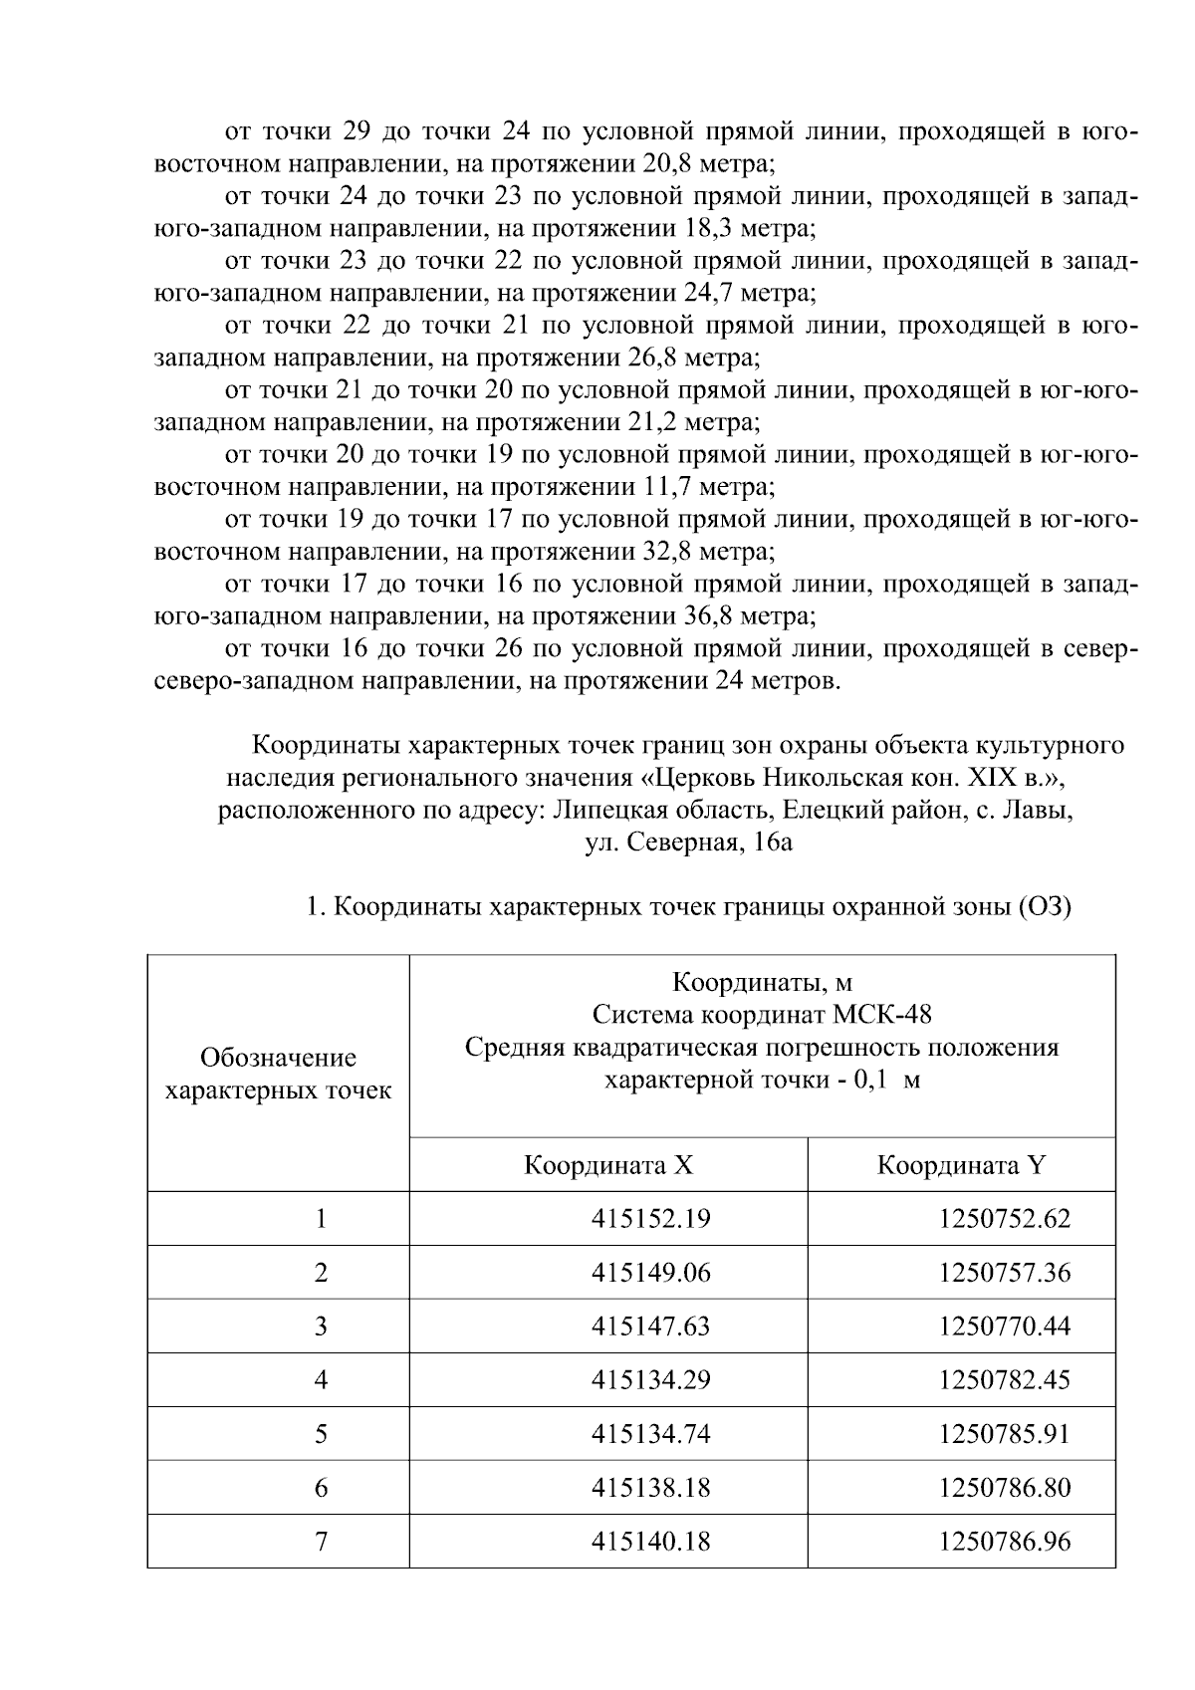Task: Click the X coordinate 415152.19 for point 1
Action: pyautogui.click(x=650, y=1218)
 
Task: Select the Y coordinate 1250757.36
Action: pyautogui.click(x=1004, y=1272)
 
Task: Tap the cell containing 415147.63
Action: pyautogui.click(x=650, y=1326)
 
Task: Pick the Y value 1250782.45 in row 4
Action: pyautogui.click(x=1004, y=1379)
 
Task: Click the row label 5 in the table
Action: pyautogui.click(x=321, y=1433)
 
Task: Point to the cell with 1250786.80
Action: pyautogui.click(x=1004, y=1487)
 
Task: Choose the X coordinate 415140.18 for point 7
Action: pyautogui.click(x=650, y=1541)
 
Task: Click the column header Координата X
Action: pyautogui.click(x=608, y=1165)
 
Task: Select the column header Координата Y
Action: pyautogui.click(x=961, y=1165)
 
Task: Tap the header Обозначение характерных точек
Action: pyautogui.click(x=278, y=1074)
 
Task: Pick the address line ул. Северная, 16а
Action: pyautogui.click(x=688, y=843)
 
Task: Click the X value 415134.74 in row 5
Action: pyautogui.click(x=650, y=1433)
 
